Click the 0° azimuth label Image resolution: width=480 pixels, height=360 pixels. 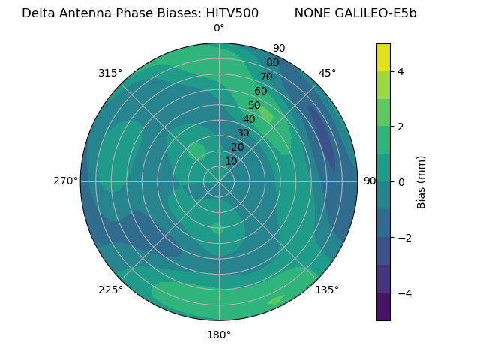pos(219,28)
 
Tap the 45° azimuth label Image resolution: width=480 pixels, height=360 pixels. pos(327,73)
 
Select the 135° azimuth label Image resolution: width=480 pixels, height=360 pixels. pos(327,289)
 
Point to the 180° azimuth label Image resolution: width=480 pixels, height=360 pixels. pos(219,334)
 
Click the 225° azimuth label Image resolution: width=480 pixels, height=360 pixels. pos(110,289)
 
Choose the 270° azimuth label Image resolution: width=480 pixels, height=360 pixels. pos(65,181)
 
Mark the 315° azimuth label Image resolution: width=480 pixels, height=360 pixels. pos(110,73)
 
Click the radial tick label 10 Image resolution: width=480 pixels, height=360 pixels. pos(231,161)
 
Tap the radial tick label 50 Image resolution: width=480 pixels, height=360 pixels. pos(254,106)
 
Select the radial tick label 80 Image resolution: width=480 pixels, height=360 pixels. pos(272,63)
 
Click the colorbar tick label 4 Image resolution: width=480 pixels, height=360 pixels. pos(401,71)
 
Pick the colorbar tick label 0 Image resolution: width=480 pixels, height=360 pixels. pos(401,181)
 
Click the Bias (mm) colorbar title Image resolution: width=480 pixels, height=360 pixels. pos(421,181)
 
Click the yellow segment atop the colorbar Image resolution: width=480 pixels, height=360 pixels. pos(383,57)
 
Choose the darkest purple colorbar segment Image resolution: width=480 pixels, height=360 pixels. pos(383,306)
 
